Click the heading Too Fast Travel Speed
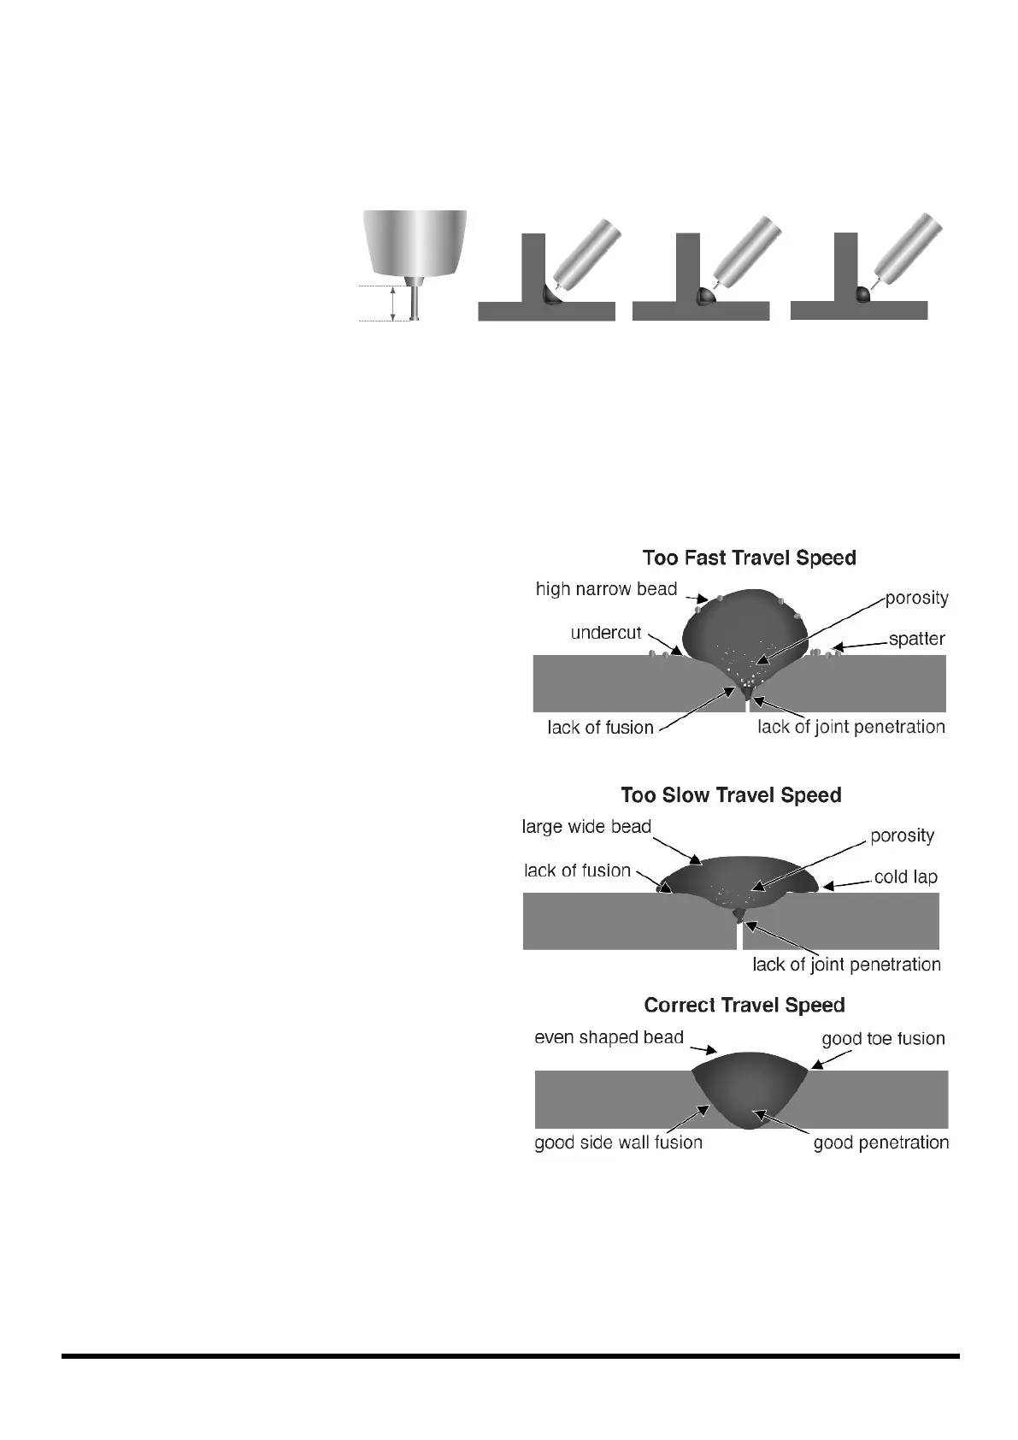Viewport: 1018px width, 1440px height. pyautogui.click(x=749, y=558)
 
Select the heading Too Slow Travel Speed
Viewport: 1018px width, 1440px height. pyautogui.click(x=731, y=795)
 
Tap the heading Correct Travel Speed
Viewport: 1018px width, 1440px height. pyautogui.click(x=744, y=1005)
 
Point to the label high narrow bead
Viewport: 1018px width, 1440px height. pyautogui.click(x=606, y=589)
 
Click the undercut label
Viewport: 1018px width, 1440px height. pyautogui.click(x=605, y=633)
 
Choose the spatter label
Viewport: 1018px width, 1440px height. pyautogui.click(x=916, y=639)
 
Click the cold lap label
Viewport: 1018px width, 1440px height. pyautogui.click(x=905, y=877)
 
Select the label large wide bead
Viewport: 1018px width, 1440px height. pyautogui.click(x=586, y=827)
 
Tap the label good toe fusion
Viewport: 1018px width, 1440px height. pyautogui.click(x=883, y=1039)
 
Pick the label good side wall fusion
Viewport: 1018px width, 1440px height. pyautogui.click(x=618, y=1142)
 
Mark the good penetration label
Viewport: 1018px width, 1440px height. pyautogui.click(x=880, y=1142)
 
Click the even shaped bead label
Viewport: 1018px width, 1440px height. pyautogui.click(x=609, y=1037)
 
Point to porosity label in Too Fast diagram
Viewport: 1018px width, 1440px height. pyautogui.click(x=916, y=598)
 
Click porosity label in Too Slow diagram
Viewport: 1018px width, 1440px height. pyautogui.click(x=902, y=835)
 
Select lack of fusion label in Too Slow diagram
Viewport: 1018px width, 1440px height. pyautogui.click(x=577, y=870)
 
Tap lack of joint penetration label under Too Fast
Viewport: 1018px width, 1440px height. pyautogui.click(x=850, y=727)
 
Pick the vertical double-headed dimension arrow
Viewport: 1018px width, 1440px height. pyautogui.click(x=392, y=303)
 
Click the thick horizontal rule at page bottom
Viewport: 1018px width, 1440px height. pyautogui.click(x=510, y=1355)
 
